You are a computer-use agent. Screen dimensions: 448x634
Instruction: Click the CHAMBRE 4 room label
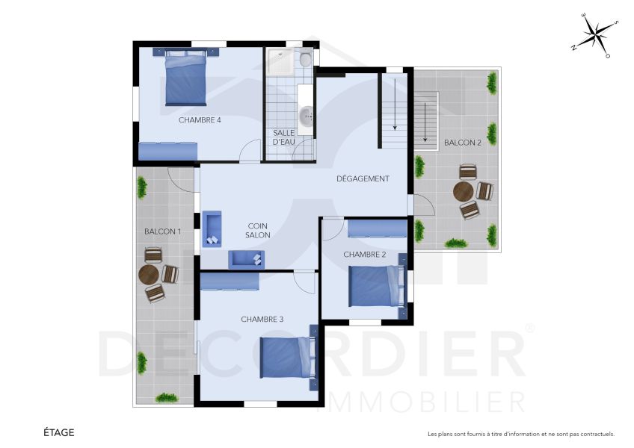(x=200, y=119)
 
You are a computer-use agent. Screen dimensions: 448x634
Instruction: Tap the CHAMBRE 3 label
(x=262, y=320)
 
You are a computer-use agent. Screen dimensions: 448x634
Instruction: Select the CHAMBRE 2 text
(x=365, y=255)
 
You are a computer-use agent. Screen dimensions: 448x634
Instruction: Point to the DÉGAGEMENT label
(x=363, y=178)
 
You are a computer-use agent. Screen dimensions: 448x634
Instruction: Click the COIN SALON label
(x=257, y=230)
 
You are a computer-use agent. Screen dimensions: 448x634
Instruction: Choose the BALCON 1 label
(x=162, y=231)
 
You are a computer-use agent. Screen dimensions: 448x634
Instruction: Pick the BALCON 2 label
(x=462, y=143)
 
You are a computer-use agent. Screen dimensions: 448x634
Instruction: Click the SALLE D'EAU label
(x=284, y=137)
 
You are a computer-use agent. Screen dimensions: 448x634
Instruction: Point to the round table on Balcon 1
(x=149, y=275)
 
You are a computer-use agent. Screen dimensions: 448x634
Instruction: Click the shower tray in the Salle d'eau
(x=280, y=63)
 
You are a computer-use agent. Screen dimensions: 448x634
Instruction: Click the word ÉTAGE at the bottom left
(x=58, y=432)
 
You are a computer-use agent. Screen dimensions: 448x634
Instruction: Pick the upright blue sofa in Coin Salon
(x=212, y=228)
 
